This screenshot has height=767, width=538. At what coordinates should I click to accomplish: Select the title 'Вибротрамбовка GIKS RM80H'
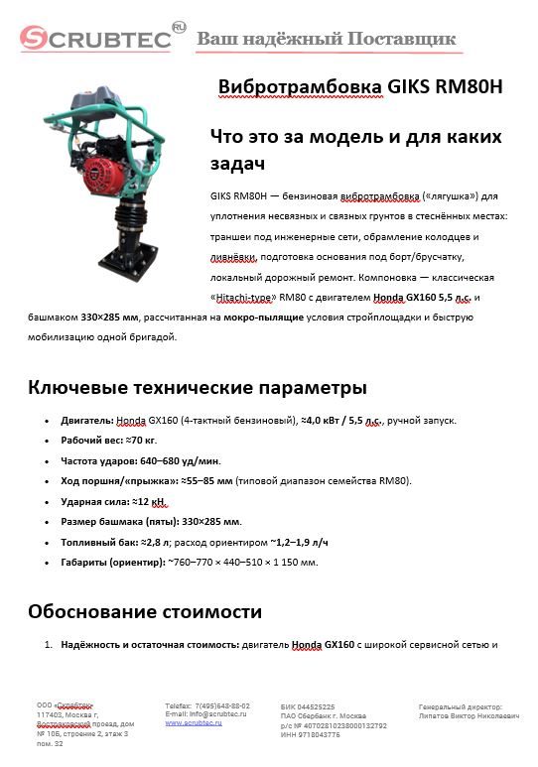tap(360, 87)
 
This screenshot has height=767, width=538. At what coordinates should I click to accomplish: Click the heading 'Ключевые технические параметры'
tap(197, 387)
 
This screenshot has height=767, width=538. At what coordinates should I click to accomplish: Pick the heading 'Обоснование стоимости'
tap(144, 611)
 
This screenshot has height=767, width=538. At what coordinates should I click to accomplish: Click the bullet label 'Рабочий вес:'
tap(91, 441)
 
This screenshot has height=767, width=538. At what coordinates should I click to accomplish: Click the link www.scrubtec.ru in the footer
tap(194, 723)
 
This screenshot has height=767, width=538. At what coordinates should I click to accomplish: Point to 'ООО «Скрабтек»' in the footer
tap(66, 704)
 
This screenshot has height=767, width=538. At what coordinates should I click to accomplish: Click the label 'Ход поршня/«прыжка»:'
tap(116, 481)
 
